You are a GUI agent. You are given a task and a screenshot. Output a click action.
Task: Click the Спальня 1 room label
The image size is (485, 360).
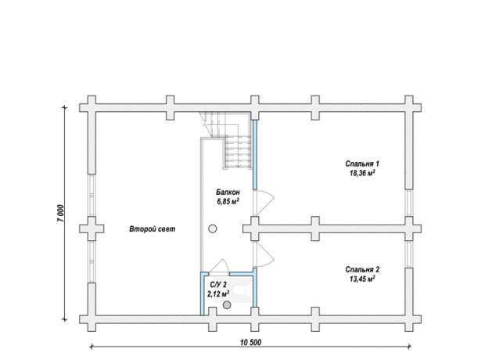pyautogui.click(x=362, y=164)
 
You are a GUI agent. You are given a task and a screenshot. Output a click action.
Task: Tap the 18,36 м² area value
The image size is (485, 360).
pyautogui.click(x=362, y=173)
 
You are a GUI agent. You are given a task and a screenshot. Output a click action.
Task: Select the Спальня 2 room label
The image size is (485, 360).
pyautogui.click(x=362, y=269)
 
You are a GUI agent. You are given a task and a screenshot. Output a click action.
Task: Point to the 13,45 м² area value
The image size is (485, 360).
pyautogui.click(x=362, y=279)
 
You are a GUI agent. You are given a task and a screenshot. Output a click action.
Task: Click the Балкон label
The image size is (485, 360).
pyautogui.click(x=228, y=192)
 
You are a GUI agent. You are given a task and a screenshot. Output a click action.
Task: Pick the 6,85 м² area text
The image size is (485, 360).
pyautogui.click(x=228, y=201)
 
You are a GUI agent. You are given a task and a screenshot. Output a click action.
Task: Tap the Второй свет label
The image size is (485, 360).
pyautogui.click(x=153, y=229)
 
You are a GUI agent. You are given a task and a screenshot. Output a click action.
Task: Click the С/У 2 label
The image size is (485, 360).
pyautogui.click(x=218, y=285)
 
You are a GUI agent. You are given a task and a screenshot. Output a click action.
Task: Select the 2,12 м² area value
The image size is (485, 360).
pyautogui.click(x=218, y=293)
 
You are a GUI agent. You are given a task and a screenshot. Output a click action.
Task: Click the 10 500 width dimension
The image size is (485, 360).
pyautogui.click(x=250, y=342)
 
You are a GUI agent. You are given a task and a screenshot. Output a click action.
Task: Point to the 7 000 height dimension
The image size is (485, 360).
pyautogui.click(x=60, y=213)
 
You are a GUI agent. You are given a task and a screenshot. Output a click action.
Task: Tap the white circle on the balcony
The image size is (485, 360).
pyautogui.click(x=213, y=229)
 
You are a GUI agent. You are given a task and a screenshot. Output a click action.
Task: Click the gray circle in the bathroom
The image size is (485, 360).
pyautogui.click(x=228, y=305)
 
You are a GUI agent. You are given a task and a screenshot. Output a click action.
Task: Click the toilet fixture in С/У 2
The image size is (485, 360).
pyautogui.click(x=242, y=290)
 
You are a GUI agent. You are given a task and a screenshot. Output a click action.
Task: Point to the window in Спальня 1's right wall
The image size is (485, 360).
pyautogui.click(x=409, y=203)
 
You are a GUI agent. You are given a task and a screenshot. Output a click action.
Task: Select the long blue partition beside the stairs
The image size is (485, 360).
pyautogui.click(x=255, y=154)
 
